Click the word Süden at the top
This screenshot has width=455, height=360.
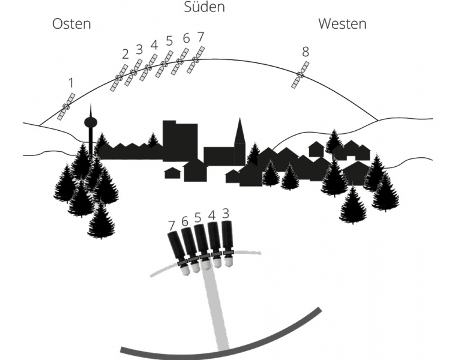pyautogui.click(x=204, y=7)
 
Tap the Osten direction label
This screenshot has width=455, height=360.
pyautogui.click(x=71, y=23)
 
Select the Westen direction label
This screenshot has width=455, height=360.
pyautogui.click(x=342, y=23)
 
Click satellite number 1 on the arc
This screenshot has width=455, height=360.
pyautogui.click(x=66, y=106)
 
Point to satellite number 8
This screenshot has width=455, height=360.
pyautogui.click(x=300, y=75)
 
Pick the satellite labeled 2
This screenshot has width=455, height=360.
pyautogui.click(x=119, y=78)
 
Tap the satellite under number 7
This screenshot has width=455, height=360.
pyautogui.click(x=196, y=60)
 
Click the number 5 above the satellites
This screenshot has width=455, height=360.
pyautogui.click(x=169, y=41)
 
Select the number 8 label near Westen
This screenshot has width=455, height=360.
pyautogui.click(x=306, y=52)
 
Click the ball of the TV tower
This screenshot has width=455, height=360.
pyautogui.click(x=91, y=122)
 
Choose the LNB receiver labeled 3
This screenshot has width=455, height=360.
pyautogui.click(x=227, y=244)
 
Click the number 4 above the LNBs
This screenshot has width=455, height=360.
pyautogui.click(x=212, y=216)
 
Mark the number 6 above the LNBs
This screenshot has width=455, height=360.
pyautogui.click(x=184, y=221)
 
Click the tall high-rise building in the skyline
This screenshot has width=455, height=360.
pyautogui.click(x=180, y=140)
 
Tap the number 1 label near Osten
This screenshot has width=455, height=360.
pyautogui.click(x=71, y=83)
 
